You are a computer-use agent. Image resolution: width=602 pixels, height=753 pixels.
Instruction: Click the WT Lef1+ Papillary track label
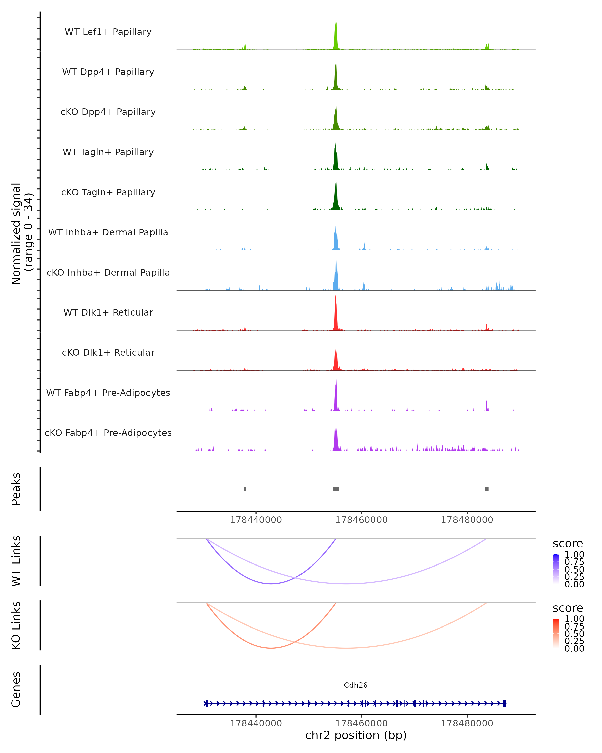[x=108, y=32]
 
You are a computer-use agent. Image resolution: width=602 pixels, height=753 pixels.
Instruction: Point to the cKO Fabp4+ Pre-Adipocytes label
[x=108, y=433]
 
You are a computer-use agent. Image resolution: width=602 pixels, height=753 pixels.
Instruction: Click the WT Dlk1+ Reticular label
[x=108, y=312]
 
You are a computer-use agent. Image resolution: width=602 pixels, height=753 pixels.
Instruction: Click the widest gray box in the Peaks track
[x=336, y=489]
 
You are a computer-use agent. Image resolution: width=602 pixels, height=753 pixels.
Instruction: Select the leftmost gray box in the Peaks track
[x=245, y=489]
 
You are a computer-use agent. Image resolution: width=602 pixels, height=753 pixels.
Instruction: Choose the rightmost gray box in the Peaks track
[x=487, y=489]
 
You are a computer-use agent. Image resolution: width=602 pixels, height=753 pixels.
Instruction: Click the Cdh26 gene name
[x=356, y=685]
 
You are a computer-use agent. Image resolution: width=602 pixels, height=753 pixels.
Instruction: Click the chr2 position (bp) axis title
[x=356, y=735]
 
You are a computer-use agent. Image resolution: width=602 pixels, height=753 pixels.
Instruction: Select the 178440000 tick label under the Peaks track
[x=256, y=520]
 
